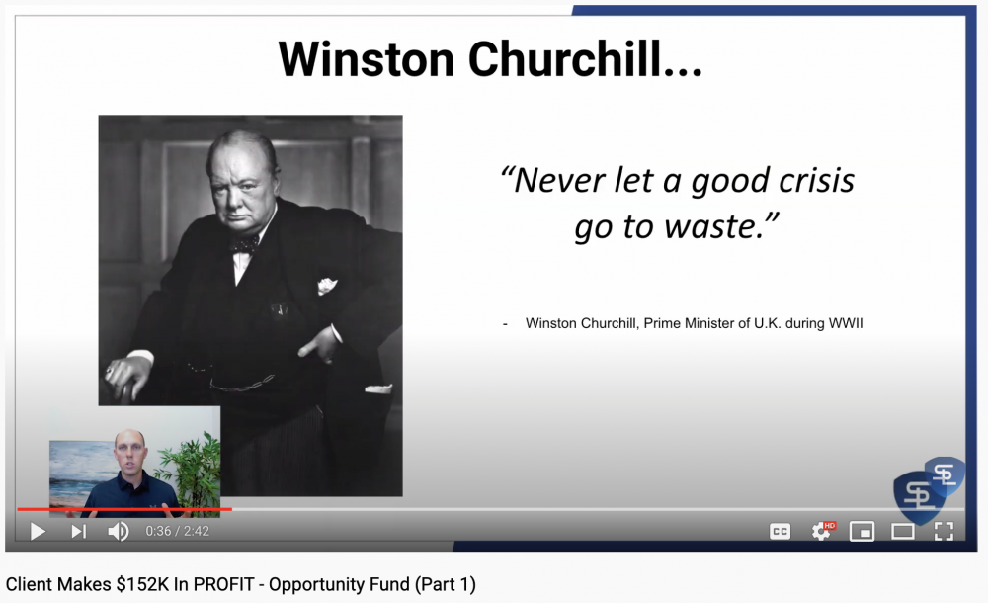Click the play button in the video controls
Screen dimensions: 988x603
pos(38,532)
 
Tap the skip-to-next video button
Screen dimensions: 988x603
pos(78,532)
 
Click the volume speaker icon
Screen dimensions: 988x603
pos(119,532)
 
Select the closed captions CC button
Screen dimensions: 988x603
pos(781,532)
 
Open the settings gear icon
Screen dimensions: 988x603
pos(821,532)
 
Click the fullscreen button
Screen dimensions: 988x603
pos(944,532)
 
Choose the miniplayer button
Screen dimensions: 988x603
pos(862,532)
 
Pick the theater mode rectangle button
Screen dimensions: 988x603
pos(902,532)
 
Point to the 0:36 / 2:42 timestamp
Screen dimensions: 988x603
pos(177,531)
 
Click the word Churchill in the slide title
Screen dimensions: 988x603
pos(585,59)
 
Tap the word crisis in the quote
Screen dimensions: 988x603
pos(817,180)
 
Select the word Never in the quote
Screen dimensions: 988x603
pos(559,180)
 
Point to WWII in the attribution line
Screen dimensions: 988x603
pos(846,323)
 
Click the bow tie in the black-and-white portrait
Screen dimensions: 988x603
pos(244,244)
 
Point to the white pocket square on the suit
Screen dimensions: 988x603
pos(327,286)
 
